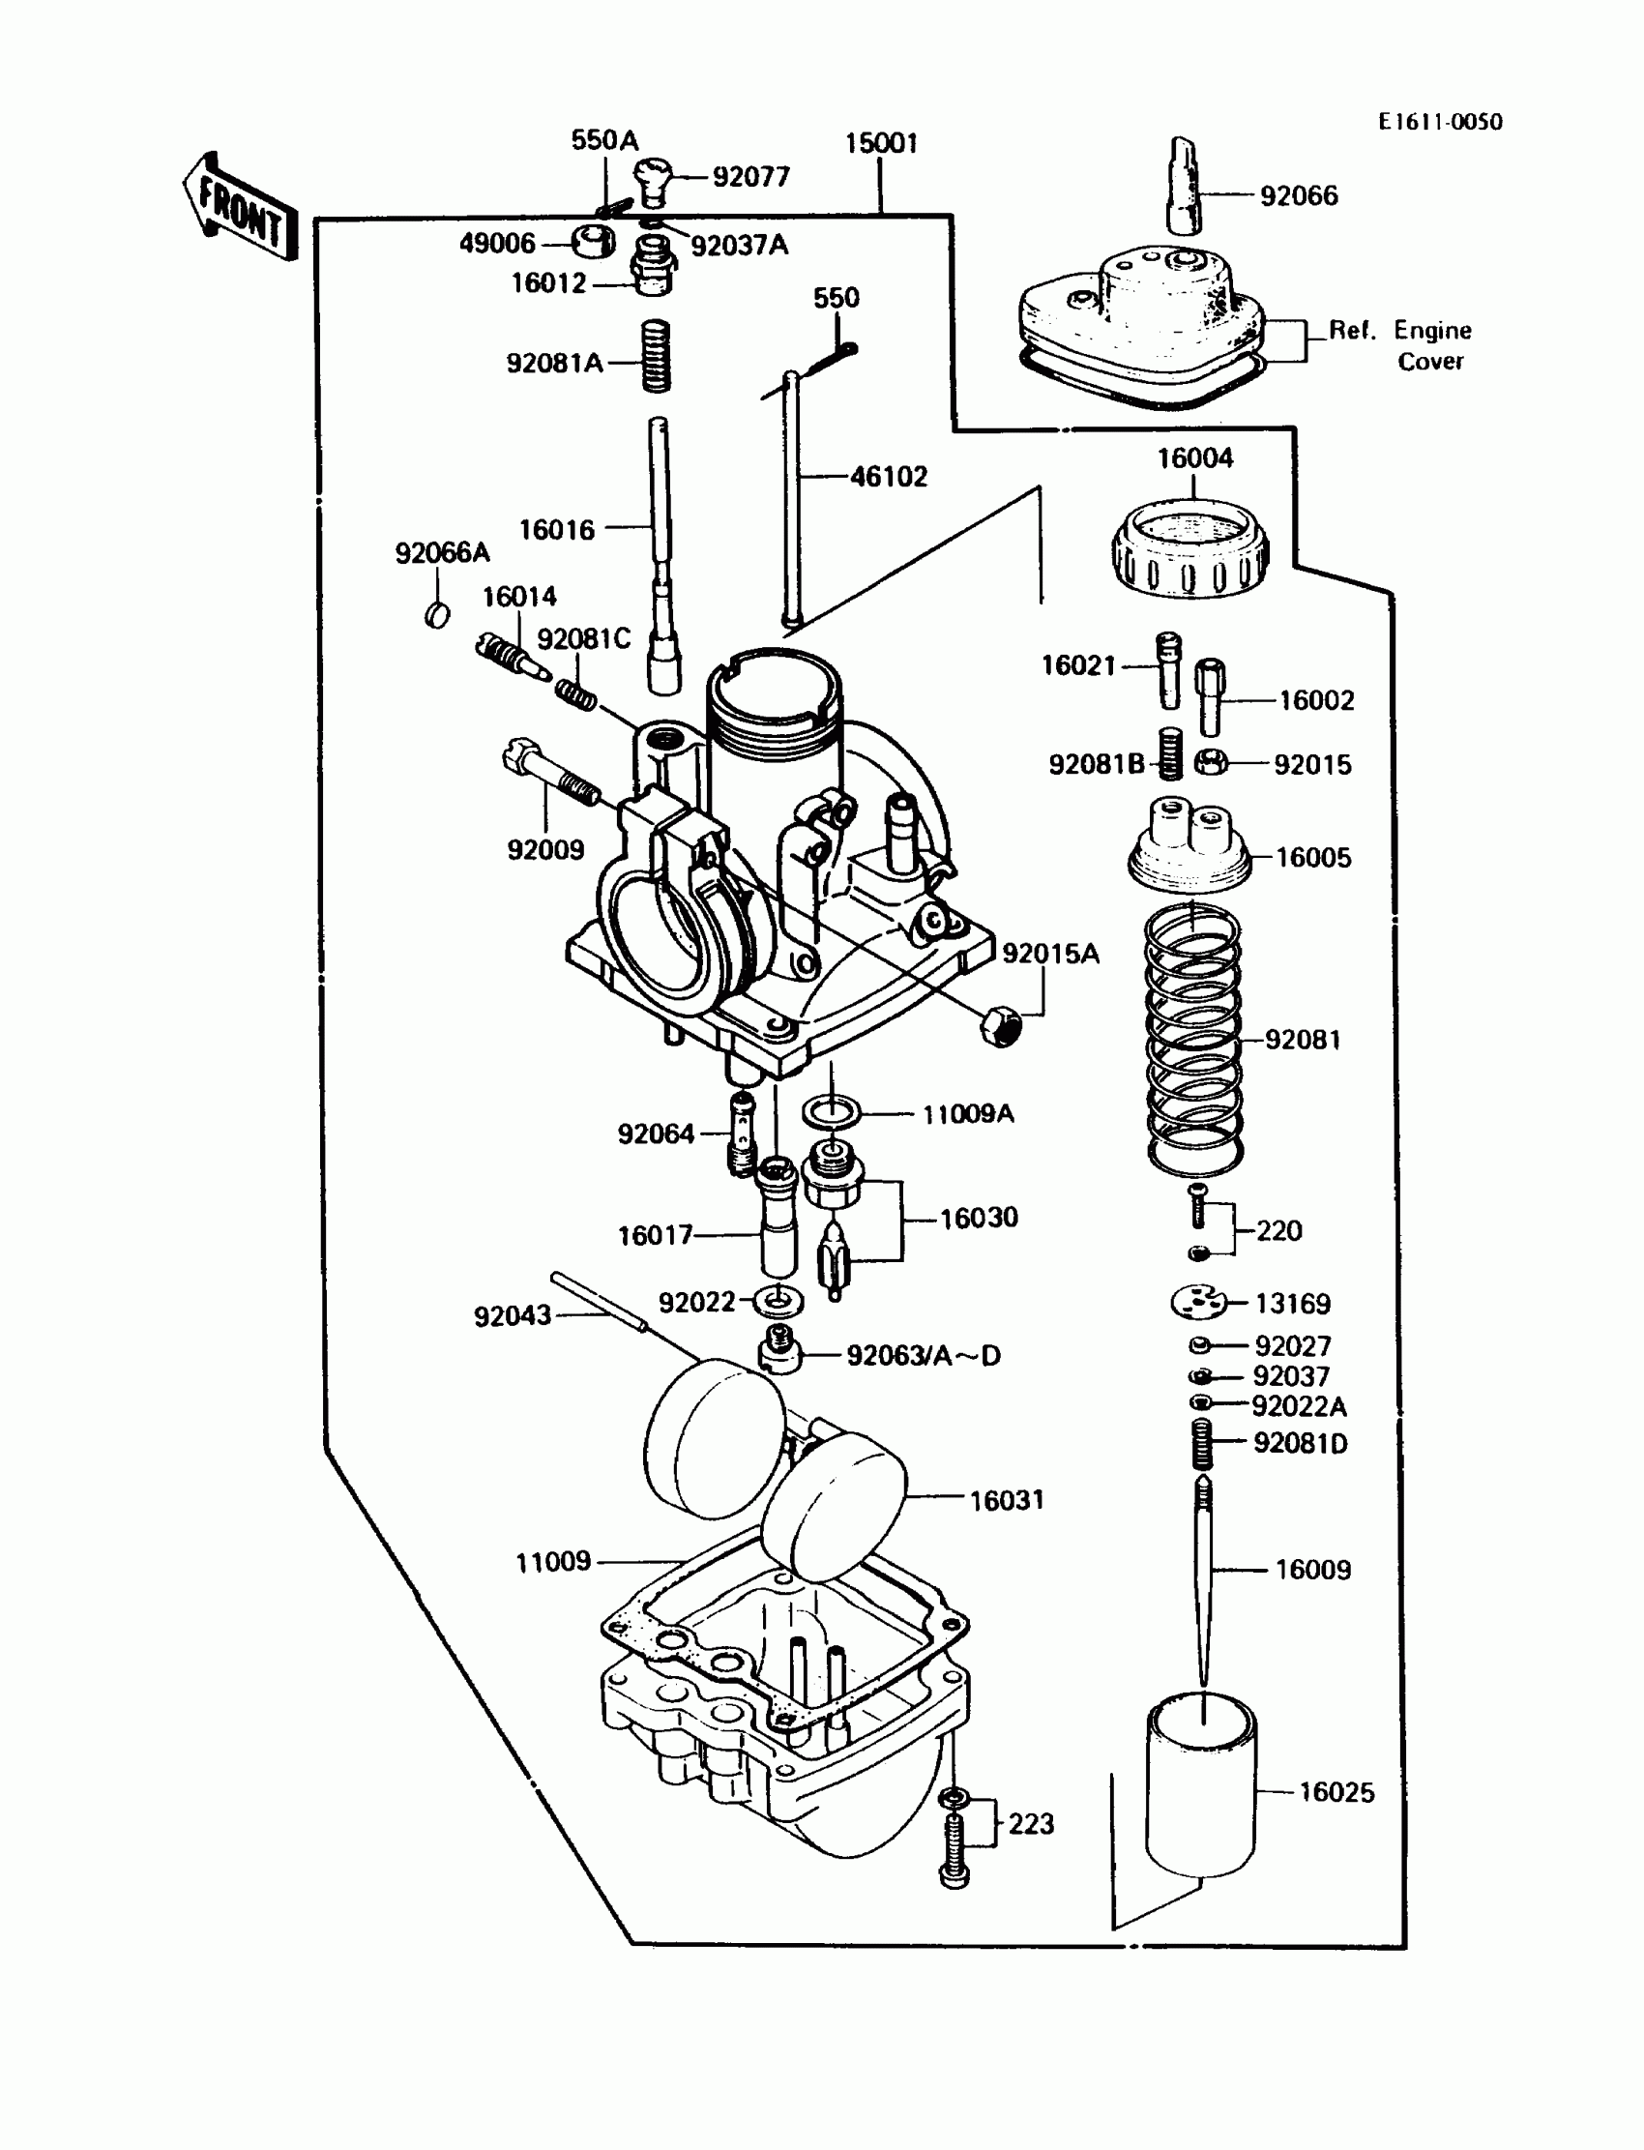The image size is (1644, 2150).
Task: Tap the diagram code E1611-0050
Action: (1440, 122)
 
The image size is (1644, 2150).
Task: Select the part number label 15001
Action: (881, 144)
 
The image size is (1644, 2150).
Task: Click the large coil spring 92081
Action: (1193, 1040)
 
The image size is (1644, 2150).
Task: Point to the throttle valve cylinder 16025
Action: (1201, 1787)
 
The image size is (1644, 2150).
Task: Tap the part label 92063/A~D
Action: (923, 1355)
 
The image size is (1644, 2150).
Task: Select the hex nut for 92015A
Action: (1000, 1025)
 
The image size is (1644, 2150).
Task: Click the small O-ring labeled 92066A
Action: (437, 614)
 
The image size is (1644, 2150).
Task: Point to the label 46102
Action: (889, 478)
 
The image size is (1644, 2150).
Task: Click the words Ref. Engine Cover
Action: (1400, 345)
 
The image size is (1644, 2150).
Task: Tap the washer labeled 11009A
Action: (832, 1112)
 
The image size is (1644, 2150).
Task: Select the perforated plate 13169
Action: (1198, 1302)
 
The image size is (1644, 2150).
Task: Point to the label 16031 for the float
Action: (1006, 1500)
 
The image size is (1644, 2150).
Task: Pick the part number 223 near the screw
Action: (1031, 1823)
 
